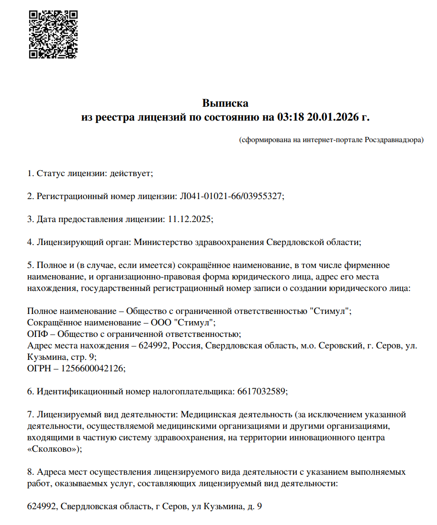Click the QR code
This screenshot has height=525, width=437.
point(53,34)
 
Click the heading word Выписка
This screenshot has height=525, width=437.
point(225,103)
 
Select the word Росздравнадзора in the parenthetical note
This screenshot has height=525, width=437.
point(393,140)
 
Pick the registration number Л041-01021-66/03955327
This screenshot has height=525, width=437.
point(231,196)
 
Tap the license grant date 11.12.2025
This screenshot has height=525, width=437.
point(190,219)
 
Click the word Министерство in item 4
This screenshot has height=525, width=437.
point(163,242)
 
